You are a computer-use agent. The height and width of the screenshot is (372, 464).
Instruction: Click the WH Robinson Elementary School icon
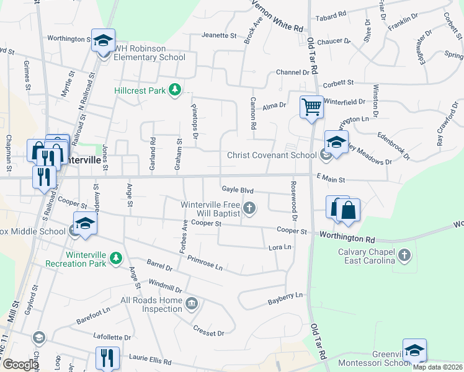(x=103, y=42)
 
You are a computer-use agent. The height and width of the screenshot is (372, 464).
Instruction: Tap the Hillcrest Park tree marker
(x=175, y=91)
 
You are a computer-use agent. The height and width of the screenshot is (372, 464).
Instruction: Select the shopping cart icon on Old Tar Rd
(x=311, y=107)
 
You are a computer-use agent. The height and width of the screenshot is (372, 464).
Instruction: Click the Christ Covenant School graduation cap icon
(x=336, y=142)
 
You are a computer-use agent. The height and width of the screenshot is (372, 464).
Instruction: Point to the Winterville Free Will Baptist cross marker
(x=249, y=208)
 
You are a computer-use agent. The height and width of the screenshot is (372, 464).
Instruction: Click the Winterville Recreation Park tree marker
(x=115, y=258)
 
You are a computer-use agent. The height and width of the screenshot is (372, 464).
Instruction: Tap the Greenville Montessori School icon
(x=414, y=350)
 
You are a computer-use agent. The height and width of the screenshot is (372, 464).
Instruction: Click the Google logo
(x=20, y=365)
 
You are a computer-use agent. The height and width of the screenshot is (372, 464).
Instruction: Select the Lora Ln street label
(x=279, y=247)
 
